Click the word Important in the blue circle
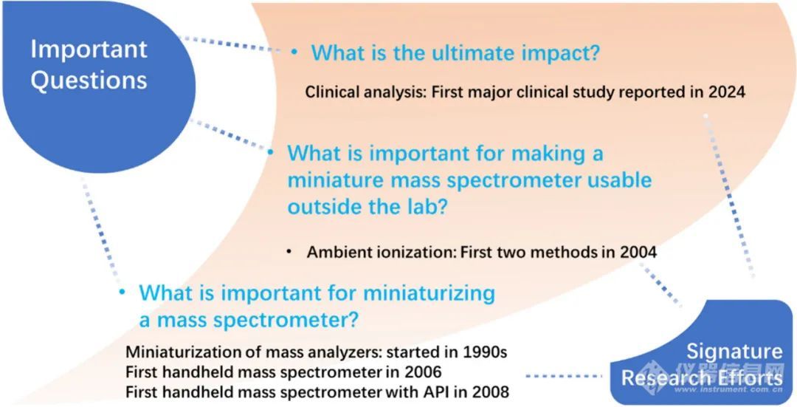[89, 49]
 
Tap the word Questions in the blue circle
[89, 81]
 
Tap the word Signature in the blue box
[734, 352]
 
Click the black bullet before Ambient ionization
[289, 252]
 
